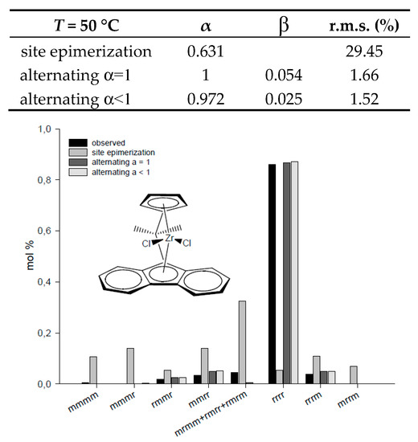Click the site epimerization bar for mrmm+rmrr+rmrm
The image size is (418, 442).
(242, 342)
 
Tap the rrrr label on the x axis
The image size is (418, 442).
(279, 399)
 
